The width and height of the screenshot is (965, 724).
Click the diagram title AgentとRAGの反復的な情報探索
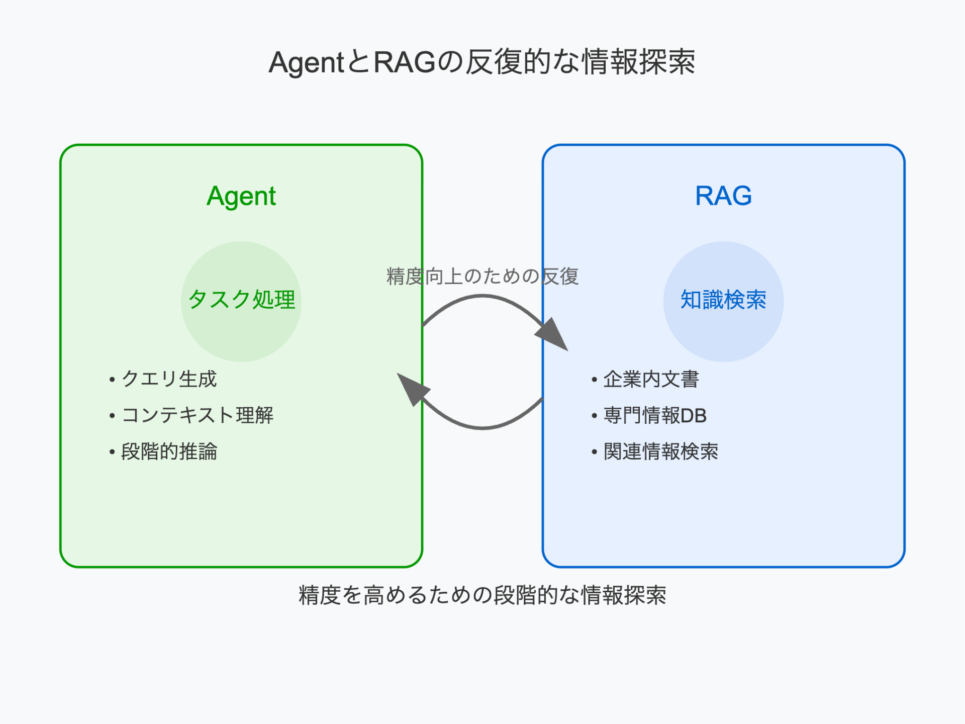[482, 62]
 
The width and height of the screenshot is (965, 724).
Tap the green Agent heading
[241, 196]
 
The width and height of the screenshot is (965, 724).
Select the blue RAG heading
[723, 196]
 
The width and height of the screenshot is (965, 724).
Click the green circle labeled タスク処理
[241, 322]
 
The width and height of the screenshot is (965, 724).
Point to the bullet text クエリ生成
[169, 379]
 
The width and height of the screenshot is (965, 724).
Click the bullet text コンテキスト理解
[197, 415]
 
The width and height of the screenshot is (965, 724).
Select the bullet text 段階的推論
[169, 451]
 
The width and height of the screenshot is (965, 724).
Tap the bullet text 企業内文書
[651, 379]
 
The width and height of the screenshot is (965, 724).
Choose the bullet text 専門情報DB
[655, 415]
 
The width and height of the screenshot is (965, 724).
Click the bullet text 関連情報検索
[660, 451]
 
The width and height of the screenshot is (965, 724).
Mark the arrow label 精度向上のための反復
[482, 276]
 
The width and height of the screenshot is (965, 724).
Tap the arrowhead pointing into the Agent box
[412, 388]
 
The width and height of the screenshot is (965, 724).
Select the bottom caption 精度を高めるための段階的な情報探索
[482, 595]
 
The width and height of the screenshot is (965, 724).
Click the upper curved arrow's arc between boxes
[482, 297]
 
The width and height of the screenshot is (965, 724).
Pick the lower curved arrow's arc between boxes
[482, 428]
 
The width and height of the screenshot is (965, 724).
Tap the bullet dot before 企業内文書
[594, 380]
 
